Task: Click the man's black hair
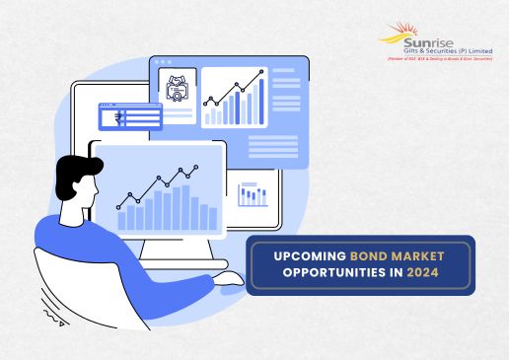(70, 172)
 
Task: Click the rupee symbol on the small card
(118, 117)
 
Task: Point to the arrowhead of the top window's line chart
(262, 75)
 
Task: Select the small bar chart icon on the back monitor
(253, 194)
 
